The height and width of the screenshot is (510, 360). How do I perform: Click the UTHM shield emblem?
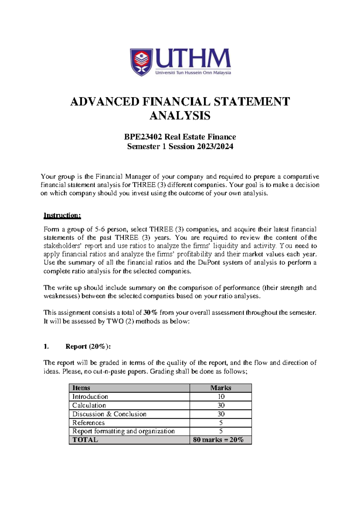(141, 62)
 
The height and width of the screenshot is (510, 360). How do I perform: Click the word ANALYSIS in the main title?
(180, 115)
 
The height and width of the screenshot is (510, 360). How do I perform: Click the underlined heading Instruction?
(62, 215)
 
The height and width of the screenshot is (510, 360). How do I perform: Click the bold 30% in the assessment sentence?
(150, 313)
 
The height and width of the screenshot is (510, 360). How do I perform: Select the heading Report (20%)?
(88, 346)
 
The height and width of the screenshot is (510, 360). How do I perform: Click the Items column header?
(81, 388)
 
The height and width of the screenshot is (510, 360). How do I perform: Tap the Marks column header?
(221, 388)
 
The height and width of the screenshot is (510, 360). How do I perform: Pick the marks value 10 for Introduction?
(221, 397)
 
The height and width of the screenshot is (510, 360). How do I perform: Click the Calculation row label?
(89, 405)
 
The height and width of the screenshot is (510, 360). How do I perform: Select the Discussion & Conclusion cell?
(109, 414)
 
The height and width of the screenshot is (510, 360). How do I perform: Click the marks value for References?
(221, 423)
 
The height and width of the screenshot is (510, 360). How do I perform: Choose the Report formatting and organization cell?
(123, 431)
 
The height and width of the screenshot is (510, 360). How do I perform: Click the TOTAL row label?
(85, 440)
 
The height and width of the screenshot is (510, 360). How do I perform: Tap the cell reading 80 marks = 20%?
(218, 440)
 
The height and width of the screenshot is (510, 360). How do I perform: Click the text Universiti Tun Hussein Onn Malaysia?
(193, 73)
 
